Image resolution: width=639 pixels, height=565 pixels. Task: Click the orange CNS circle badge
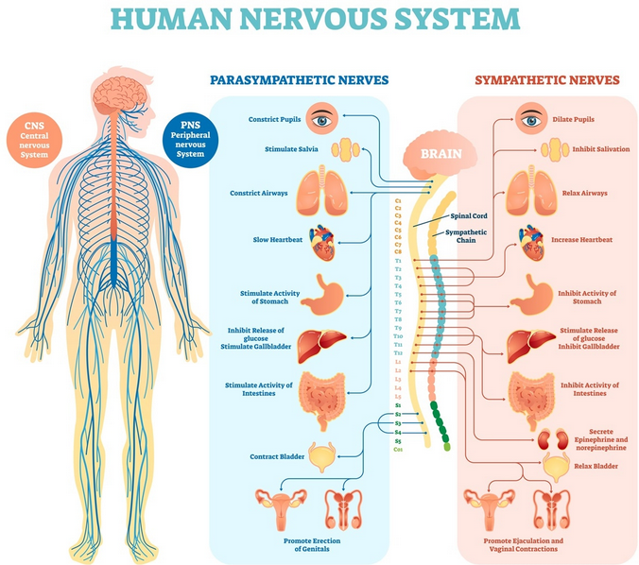pos(34,140)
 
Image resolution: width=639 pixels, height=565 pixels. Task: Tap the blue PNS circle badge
pos(190,140)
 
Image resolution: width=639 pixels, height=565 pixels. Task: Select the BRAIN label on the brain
pos(440,154)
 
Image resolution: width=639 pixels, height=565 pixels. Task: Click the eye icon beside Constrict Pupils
pos(322,118)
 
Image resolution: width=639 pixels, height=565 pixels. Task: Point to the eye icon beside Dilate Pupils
pos(531,118)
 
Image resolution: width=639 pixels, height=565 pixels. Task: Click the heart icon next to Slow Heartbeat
pos(322,243)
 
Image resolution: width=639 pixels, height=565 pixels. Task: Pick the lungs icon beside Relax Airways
pos(531,190)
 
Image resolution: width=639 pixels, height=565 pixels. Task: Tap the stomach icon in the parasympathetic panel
pos(322,295)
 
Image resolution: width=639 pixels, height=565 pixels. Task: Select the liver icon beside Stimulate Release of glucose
pos(531,346)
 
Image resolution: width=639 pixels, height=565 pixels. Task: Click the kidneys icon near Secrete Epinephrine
pos(553,439)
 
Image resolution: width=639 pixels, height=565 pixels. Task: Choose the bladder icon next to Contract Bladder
pos(322,456)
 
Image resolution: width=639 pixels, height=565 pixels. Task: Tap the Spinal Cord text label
pos(469,216)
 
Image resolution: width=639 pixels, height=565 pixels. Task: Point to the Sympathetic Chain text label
pos(466,236)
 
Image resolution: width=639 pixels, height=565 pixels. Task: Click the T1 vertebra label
pos(398,261)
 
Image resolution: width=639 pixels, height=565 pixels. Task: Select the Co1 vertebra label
pos(398,450)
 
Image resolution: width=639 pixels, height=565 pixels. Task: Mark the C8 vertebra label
pos(398,251)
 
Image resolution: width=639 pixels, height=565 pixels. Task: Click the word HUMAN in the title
pos(172,18)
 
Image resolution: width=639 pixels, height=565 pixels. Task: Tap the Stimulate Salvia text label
pos(291,149)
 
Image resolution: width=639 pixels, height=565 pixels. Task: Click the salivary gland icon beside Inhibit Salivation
pos(555,149)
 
